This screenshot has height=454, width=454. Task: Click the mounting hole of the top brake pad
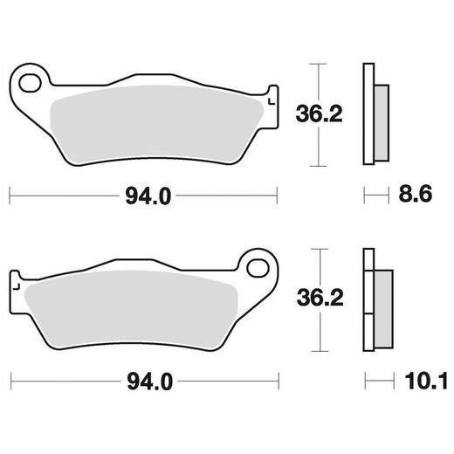pos(32,86)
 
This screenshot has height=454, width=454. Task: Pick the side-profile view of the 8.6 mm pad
pos(373,114)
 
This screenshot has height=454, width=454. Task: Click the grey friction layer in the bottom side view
pos(382,299)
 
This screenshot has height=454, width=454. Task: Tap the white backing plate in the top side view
pos(368,114)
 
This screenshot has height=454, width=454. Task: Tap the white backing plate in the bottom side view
pos(367,298)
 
